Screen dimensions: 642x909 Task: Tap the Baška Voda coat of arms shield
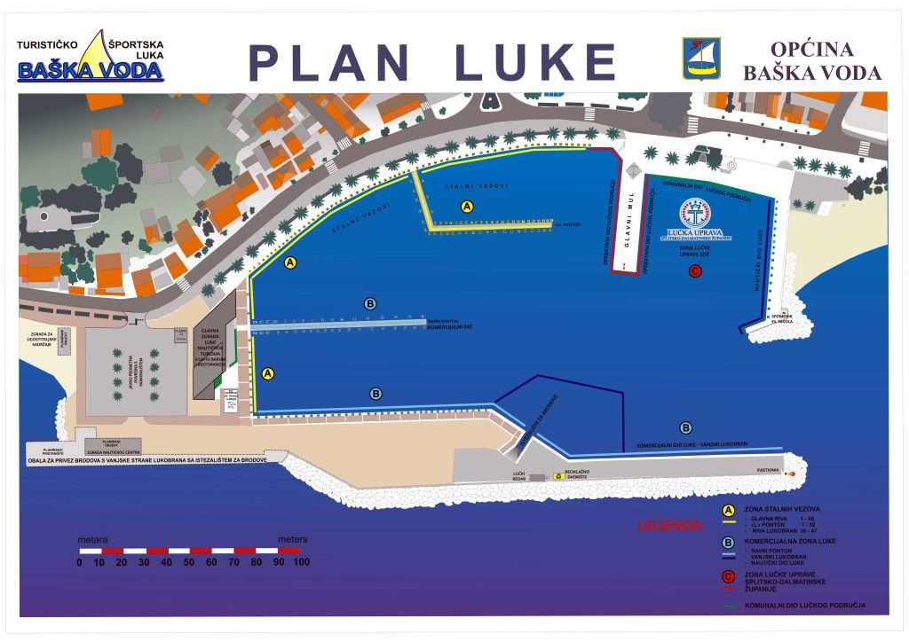tap(700, 59)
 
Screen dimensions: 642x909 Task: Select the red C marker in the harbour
tap(695, 270)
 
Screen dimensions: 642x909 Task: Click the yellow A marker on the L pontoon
tap(468, 206)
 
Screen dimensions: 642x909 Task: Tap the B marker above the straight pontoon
tap(370, 304)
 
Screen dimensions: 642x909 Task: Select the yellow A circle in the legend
tap(728, 510)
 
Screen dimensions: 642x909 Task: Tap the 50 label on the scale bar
tap(189, 562)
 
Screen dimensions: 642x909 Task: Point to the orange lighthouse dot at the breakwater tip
tap(790, 473)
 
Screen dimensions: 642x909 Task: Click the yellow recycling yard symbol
tap(557, 476)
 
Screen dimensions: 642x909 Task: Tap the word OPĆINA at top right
tap(811, 50)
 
